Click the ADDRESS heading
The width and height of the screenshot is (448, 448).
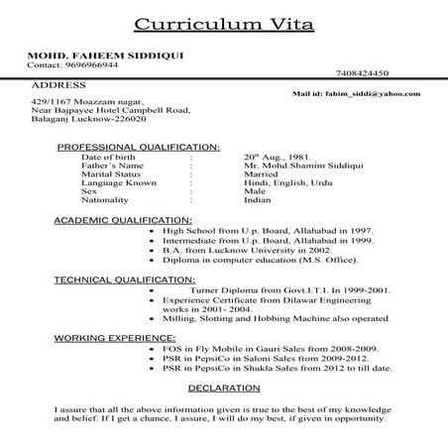coord(58,86)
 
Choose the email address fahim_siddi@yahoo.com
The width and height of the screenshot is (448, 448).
coord(356,93)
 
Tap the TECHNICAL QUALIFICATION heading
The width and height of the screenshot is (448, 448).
coord(125,280)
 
